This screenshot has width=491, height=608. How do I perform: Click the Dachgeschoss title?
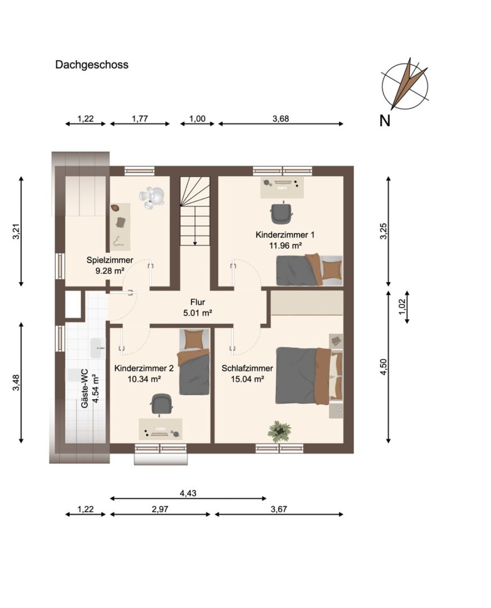tap(92, 65)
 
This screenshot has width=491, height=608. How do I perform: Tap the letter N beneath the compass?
tap(385, 121)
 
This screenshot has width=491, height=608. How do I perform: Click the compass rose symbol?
tap(405, 84)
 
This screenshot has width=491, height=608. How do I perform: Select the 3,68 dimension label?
tap(280, 118)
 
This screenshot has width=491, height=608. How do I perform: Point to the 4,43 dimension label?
tap(188, 493)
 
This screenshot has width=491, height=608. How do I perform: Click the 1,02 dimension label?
tap(402, 307)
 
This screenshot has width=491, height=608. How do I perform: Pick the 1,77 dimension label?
tap(140, 118)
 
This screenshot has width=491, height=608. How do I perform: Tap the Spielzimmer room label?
tap(110, 260)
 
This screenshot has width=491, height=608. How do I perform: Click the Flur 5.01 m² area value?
tap(198, 312)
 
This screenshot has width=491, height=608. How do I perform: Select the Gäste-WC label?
tap(84, 388)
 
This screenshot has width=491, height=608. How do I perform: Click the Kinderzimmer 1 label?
tap(285, 235)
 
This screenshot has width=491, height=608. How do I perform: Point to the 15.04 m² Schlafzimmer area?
tap(247, 379)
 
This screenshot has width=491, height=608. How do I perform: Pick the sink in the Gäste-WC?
tap(97, 348)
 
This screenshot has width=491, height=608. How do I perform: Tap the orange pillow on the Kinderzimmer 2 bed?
tap(194, 339)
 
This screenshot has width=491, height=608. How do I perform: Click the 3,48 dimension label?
tap(16, 382)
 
